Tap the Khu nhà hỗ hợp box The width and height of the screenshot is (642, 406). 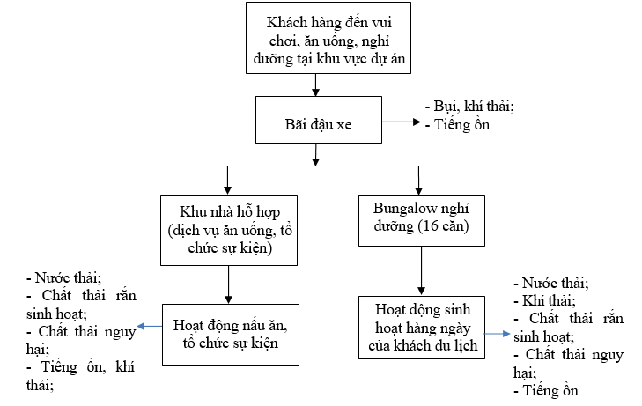pyautogui.click(x=228, y=230)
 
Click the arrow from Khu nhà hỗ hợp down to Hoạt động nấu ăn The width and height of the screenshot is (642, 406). pyautogui.click(x=228, y=284)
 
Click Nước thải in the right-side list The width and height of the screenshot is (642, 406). pyautogui.click(x=555, y=284)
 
